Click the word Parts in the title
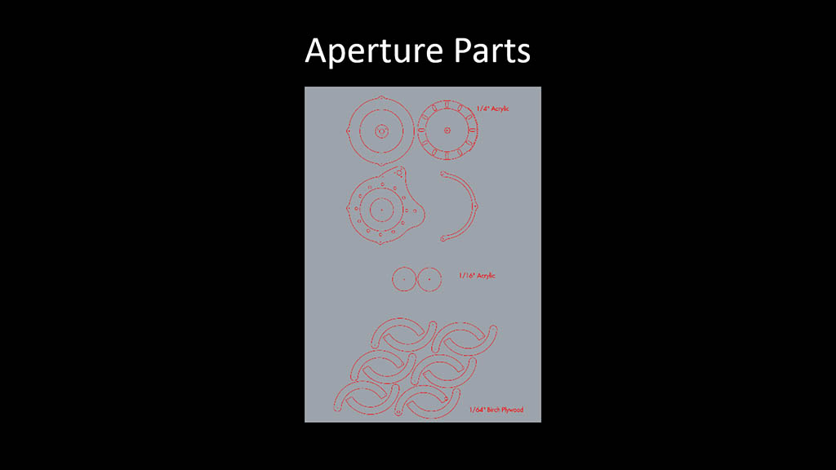pos(492,51)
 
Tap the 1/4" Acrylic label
pos(492,109)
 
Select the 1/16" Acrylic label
pos(477,276)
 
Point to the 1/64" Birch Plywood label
pos(496,410)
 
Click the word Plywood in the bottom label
pos(512,410)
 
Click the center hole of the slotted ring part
pos(447,130)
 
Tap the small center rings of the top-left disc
pos(381,131)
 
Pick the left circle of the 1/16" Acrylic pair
pos(404,279)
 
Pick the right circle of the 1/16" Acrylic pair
pos(429,279)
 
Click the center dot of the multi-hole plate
pos(381,210)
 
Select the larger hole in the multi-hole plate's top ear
pos(399,173)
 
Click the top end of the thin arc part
pos(442,173)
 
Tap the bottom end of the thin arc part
pos(442,239)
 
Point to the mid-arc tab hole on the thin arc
pos(474,206)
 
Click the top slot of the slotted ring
pos(447,104)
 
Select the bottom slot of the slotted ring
pos(447,156)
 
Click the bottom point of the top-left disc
pos(380,163)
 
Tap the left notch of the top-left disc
pos(348,131)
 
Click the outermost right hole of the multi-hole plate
pos(415,211)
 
